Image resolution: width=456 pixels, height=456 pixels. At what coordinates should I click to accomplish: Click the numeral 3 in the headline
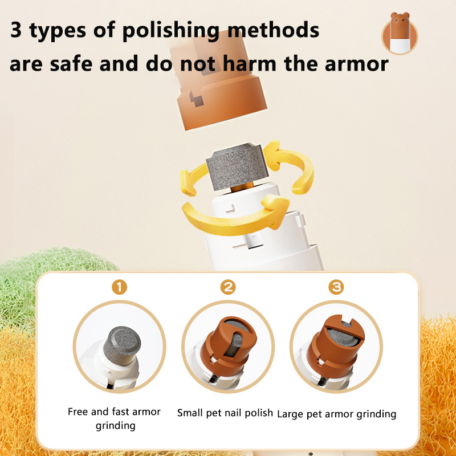pyautogui.click(x=16, y=30)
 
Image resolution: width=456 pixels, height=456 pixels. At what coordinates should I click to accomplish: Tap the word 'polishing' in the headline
pyautogui.click(x=171, y=31)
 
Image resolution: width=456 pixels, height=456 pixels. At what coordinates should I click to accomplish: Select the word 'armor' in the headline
pyautogui.click(x=357, y=64)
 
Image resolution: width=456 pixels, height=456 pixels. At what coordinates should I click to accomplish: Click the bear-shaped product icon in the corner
pyautogui.click(x=400, y=34)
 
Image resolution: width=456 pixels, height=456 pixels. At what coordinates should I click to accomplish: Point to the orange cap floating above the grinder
pyautogui.click(x=218, y=82)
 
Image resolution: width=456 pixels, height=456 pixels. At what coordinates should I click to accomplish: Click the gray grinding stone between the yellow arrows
pyautogui.click(x=237, y=166)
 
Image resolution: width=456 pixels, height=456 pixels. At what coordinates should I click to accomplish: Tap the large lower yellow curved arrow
pyautogui.click(x=235, y=216)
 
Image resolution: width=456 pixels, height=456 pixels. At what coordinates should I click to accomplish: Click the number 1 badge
pyautogui.click(x=119, y=287)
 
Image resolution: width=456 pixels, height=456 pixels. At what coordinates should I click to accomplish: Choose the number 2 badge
pyautogui.click(x=228, y=287)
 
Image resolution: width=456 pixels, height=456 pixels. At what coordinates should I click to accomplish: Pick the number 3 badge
pyautogui.click(x=336, y=287)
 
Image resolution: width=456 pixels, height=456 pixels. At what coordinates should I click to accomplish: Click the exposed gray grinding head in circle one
pyautogui.click(x=122, y=345)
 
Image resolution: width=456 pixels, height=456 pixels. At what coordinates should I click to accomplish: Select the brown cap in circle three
pyautogui.click(x=335, y=346)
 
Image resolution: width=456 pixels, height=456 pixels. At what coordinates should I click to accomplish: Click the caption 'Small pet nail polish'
pyautogui.click(x=225, y=413)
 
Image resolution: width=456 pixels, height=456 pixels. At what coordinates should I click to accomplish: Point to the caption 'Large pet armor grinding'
pyautogui.click(x=336, y=414)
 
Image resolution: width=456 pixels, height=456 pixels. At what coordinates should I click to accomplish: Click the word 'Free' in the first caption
pyautogui.click(x=78, y=412)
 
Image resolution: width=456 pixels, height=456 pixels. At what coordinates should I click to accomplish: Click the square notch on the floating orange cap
pyautogui.click(x=196, y=99)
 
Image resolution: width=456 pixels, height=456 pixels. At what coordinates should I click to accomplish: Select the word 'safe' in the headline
pyautogui.click(x=71, y=64)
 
